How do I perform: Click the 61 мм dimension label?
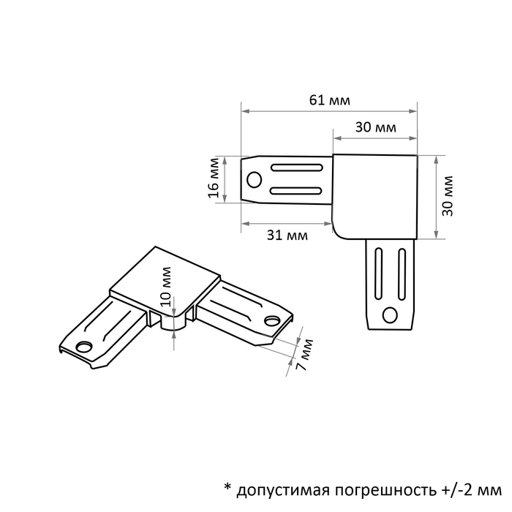point(329,100)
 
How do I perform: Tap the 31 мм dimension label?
point(287,235)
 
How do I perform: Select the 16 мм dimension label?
point(214,178)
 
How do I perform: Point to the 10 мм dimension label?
point(166,287)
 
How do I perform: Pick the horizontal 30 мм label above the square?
point(375,127)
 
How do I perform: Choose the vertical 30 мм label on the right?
point(448,196)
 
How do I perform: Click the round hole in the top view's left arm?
point(254,180)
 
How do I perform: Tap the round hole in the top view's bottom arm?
point(390,315)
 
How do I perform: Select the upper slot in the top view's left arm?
point(296,167)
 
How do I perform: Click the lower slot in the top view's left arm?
point(296,191)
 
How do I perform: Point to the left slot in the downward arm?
point(378,274)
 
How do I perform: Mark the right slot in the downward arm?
point(402,274)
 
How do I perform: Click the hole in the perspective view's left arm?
point(83,347)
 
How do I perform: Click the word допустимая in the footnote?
point(282,491)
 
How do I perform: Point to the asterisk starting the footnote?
point(227,487)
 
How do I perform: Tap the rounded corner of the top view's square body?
point(337,234)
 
